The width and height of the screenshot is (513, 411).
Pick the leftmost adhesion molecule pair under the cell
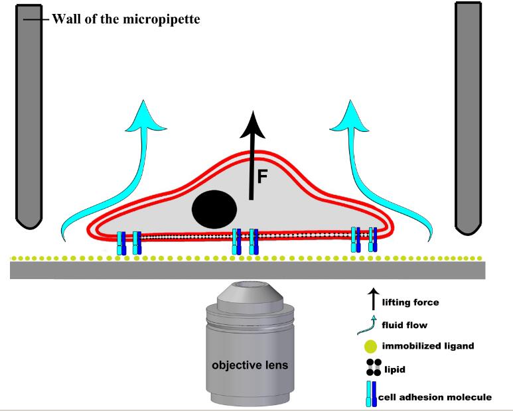(x=128, y=242)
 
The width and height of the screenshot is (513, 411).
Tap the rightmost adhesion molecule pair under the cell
(x=364, y=239)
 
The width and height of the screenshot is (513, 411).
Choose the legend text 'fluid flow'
(x=405, y=325)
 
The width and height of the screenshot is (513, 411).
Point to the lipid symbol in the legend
(x=373, y=367)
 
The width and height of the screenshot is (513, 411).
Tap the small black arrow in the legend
(x=373, y=300)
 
